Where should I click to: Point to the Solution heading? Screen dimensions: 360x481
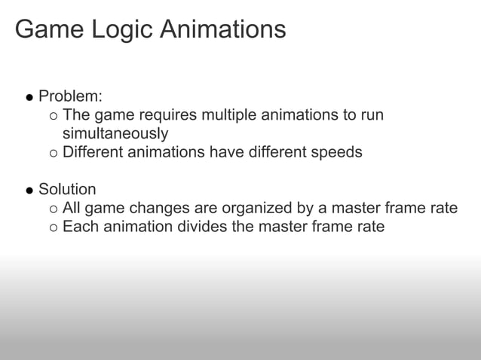pyautogui.click(x=67, y=189)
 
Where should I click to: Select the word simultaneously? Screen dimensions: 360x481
pyautogui.click(x=115, y=133)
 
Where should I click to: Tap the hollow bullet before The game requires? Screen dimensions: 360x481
pyautogui.click(x=52, y=117)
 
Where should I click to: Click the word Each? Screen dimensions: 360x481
pyautogui.click(x=78, y=226)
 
